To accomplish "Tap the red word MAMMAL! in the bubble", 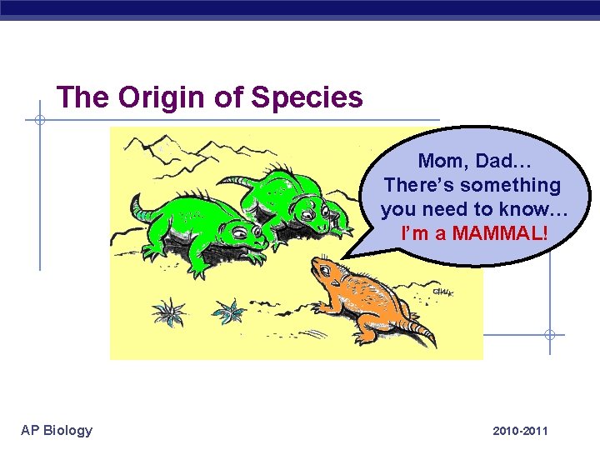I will pos(499,233).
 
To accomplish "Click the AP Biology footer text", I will pos(57,430).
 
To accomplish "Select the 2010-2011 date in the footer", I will pos(520,431).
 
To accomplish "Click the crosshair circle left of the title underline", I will pos(39,120).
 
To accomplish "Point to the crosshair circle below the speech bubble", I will pos(549,335).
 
